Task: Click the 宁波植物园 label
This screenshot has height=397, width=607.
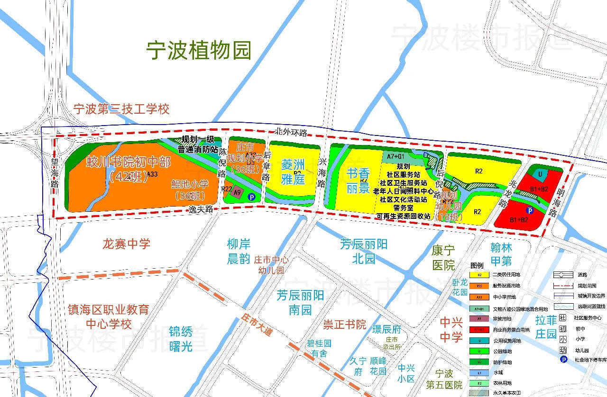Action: [198, 50]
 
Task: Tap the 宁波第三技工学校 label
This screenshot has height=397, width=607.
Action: [121, 109]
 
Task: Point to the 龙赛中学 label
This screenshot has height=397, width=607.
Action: [126, 244]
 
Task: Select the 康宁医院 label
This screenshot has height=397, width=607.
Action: [443, 257]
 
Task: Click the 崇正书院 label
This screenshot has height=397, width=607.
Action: [344, 325]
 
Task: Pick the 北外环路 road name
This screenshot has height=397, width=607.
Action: [291, 131]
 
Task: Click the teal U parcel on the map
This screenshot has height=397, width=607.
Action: [540, 174]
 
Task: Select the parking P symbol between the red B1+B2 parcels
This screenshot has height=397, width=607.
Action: [530, 210]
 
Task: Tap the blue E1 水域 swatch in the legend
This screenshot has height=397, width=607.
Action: [479, 373]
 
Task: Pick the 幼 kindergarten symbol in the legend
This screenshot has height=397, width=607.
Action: [563, 350]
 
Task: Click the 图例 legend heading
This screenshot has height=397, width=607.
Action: [477, 265]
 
